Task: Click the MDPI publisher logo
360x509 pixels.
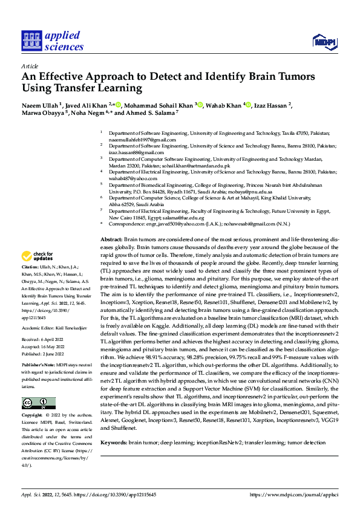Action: [x=324, y=41]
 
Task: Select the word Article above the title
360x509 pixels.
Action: [x=30, y=65]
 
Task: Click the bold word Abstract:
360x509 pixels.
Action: [x=111, y=241]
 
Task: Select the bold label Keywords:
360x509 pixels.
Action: [x=114, y=443]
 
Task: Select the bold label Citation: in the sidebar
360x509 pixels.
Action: [x=30, y=266]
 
